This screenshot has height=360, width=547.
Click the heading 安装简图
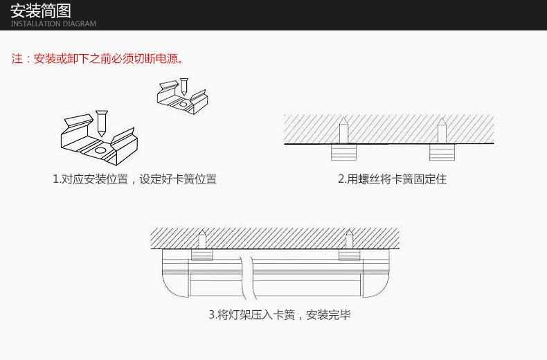41,10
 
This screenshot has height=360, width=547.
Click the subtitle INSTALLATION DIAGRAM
53,24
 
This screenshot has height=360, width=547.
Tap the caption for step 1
134,179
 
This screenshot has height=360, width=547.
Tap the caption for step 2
392,179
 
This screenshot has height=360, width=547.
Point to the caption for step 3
280,315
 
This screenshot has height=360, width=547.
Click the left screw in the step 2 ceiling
343,132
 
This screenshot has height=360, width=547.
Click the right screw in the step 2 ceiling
442,132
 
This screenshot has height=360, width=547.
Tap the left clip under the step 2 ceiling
343,152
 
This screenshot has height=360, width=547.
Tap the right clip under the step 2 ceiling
442,152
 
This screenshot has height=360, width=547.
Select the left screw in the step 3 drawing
202,240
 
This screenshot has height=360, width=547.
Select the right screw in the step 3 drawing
349,240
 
